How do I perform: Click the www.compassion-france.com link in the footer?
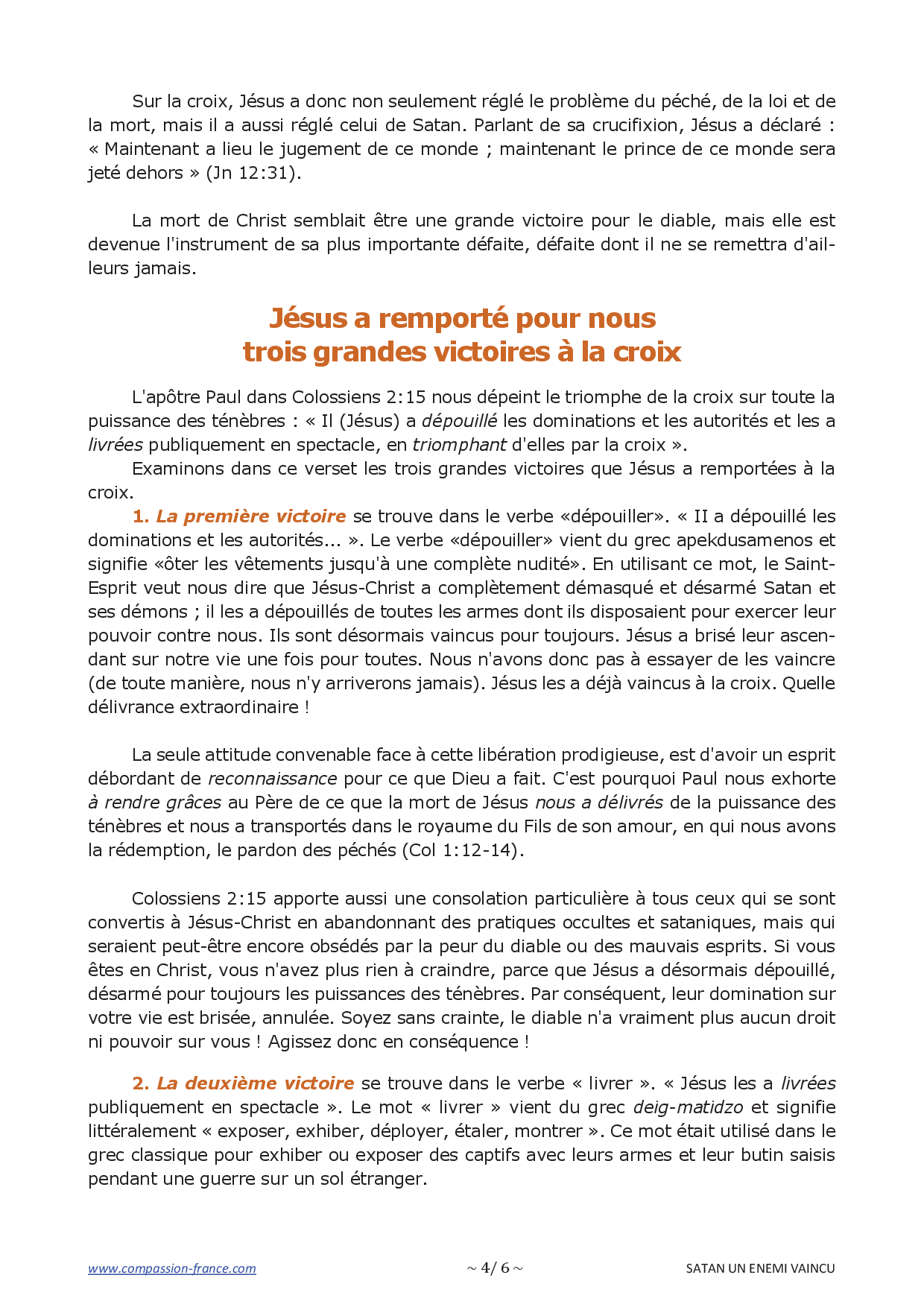(x=171, y=1268)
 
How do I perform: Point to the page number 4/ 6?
(x=495, y=1268)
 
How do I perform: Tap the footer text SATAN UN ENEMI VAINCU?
(x=760, y=1268)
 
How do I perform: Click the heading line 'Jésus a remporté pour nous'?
(x=462, y=318)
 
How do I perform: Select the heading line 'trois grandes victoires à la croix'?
(x=462, y=352)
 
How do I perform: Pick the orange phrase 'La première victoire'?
(x=251, y=516)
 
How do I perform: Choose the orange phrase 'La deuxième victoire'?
(x=255, y=1083)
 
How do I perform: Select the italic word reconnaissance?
(x=272, y=779)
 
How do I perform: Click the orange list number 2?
(x=140, y=1083)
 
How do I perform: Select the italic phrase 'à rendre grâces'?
(x=154, y=803)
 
